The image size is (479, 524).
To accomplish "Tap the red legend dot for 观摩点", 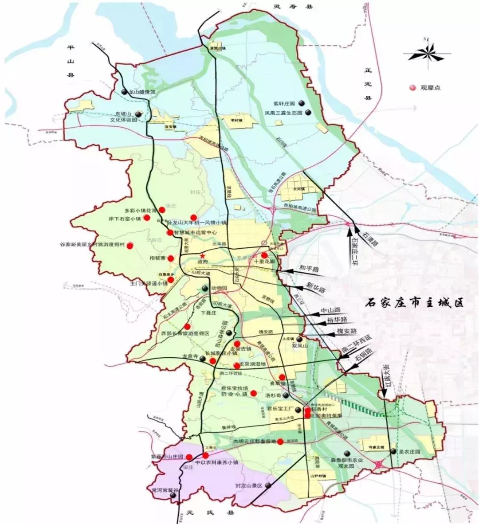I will click(412, 88).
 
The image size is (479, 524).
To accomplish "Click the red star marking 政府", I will click(202, 256).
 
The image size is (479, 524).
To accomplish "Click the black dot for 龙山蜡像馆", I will click(125, 92).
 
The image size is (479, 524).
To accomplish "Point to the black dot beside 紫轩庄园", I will click(301, 103).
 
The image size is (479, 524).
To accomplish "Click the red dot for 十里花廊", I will click(264, 255).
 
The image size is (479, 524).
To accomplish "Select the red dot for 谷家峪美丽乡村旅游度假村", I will click(130, 245).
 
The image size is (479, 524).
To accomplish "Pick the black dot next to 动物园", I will click(204, 289).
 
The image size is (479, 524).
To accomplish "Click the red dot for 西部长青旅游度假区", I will click(187, 327).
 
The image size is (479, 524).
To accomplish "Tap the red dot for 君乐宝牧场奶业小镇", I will click(253, 393).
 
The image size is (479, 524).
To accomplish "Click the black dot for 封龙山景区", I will click(269, 485).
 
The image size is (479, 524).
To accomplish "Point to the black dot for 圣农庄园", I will click(393, 451).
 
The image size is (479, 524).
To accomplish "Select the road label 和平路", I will click(309, 270).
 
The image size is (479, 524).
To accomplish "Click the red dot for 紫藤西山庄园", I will click(189, 457).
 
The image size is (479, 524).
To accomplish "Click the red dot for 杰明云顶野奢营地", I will click(280, 442).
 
